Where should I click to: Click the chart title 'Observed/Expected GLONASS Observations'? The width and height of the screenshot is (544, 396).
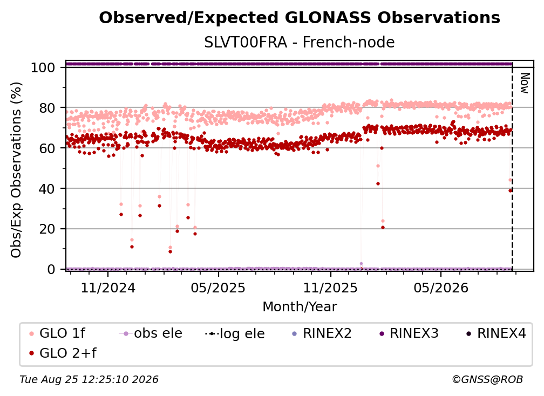[300, 18]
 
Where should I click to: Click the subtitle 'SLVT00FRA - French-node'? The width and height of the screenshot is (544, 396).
[300, 42]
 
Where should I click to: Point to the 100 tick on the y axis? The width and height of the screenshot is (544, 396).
[43, 67]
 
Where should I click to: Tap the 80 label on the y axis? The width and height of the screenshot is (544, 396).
[47, 108]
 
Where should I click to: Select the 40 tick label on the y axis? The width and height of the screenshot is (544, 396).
[47, 189]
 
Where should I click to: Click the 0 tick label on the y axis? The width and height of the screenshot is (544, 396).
[51, 269]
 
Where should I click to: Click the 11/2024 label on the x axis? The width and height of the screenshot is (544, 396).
[108, 288]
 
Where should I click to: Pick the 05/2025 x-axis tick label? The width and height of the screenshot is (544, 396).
[218, 288]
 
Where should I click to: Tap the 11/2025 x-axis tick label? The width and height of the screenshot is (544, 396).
[330, 288]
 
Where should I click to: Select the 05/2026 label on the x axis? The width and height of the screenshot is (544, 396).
[441, 288]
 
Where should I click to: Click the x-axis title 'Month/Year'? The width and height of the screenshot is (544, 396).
[300, 306]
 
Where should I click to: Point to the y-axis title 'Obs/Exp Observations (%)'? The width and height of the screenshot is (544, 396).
[16, 169]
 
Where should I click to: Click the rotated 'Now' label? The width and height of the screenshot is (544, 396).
[525, 83]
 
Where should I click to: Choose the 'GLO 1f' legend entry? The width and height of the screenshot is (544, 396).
[58, 333]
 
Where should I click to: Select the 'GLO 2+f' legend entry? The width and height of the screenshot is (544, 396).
[63, 353]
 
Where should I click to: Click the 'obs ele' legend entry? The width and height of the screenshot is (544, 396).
[151, 333]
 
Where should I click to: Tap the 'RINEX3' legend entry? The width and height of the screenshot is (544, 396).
[409, 333]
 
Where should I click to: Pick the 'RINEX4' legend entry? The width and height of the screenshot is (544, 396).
[496, 333]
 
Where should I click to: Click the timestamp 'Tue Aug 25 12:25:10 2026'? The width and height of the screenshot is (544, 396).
[89, 379]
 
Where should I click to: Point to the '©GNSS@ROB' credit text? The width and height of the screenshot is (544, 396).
[487, 379]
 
